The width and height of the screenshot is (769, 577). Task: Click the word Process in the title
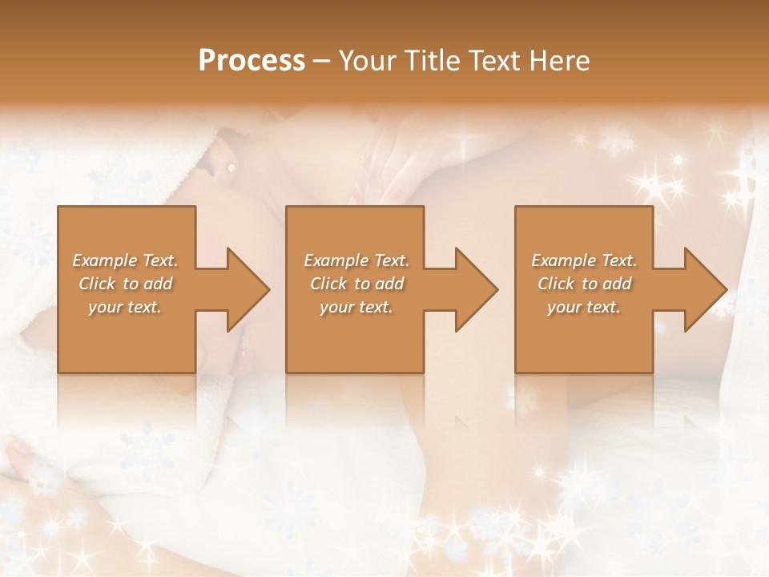(252, 61)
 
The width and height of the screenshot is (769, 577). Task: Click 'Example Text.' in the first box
(126, 260)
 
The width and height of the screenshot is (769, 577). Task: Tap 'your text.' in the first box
(126, 307)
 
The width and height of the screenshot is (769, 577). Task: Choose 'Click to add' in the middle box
(356, 284)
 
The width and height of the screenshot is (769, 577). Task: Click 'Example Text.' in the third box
(584, 260)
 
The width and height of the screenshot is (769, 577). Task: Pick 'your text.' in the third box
(584, 307)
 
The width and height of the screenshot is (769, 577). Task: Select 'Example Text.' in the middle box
(356, 260)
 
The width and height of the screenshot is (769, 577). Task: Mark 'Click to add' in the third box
(584, 284)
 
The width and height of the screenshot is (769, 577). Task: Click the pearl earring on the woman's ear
(232, 167)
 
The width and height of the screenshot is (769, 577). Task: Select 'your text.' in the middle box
(356, 307)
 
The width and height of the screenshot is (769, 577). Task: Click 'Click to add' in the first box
(126, 284)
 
